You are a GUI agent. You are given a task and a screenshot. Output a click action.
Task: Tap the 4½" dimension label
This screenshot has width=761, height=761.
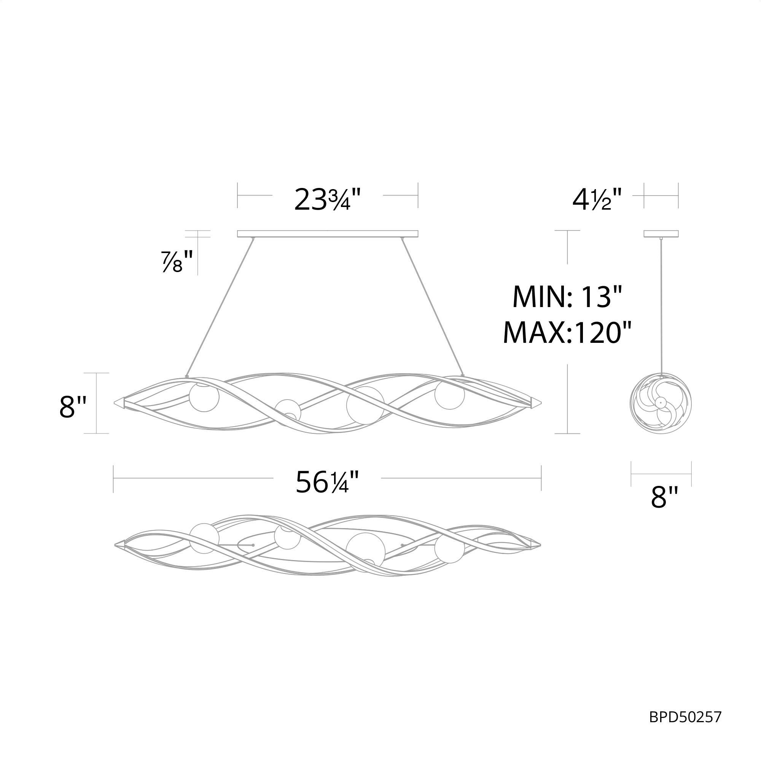point(597,201)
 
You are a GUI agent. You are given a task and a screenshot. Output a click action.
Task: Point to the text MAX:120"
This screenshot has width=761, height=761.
point(568,332)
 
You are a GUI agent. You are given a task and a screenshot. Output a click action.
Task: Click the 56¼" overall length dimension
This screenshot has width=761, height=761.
point(327,483)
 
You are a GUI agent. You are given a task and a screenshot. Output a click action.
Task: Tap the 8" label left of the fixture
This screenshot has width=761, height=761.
point(72,407)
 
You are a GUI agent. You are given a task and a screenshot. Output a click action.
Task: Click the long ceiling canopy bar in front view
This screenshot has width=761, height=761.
point(327,234)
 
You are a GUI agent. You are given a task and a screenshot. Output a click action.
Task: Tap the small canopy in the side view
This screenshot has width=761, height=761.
point(661,234)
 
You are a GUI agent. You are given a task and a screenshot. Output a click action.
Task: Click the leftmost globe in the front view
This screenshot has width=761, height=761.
point(204,397)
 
